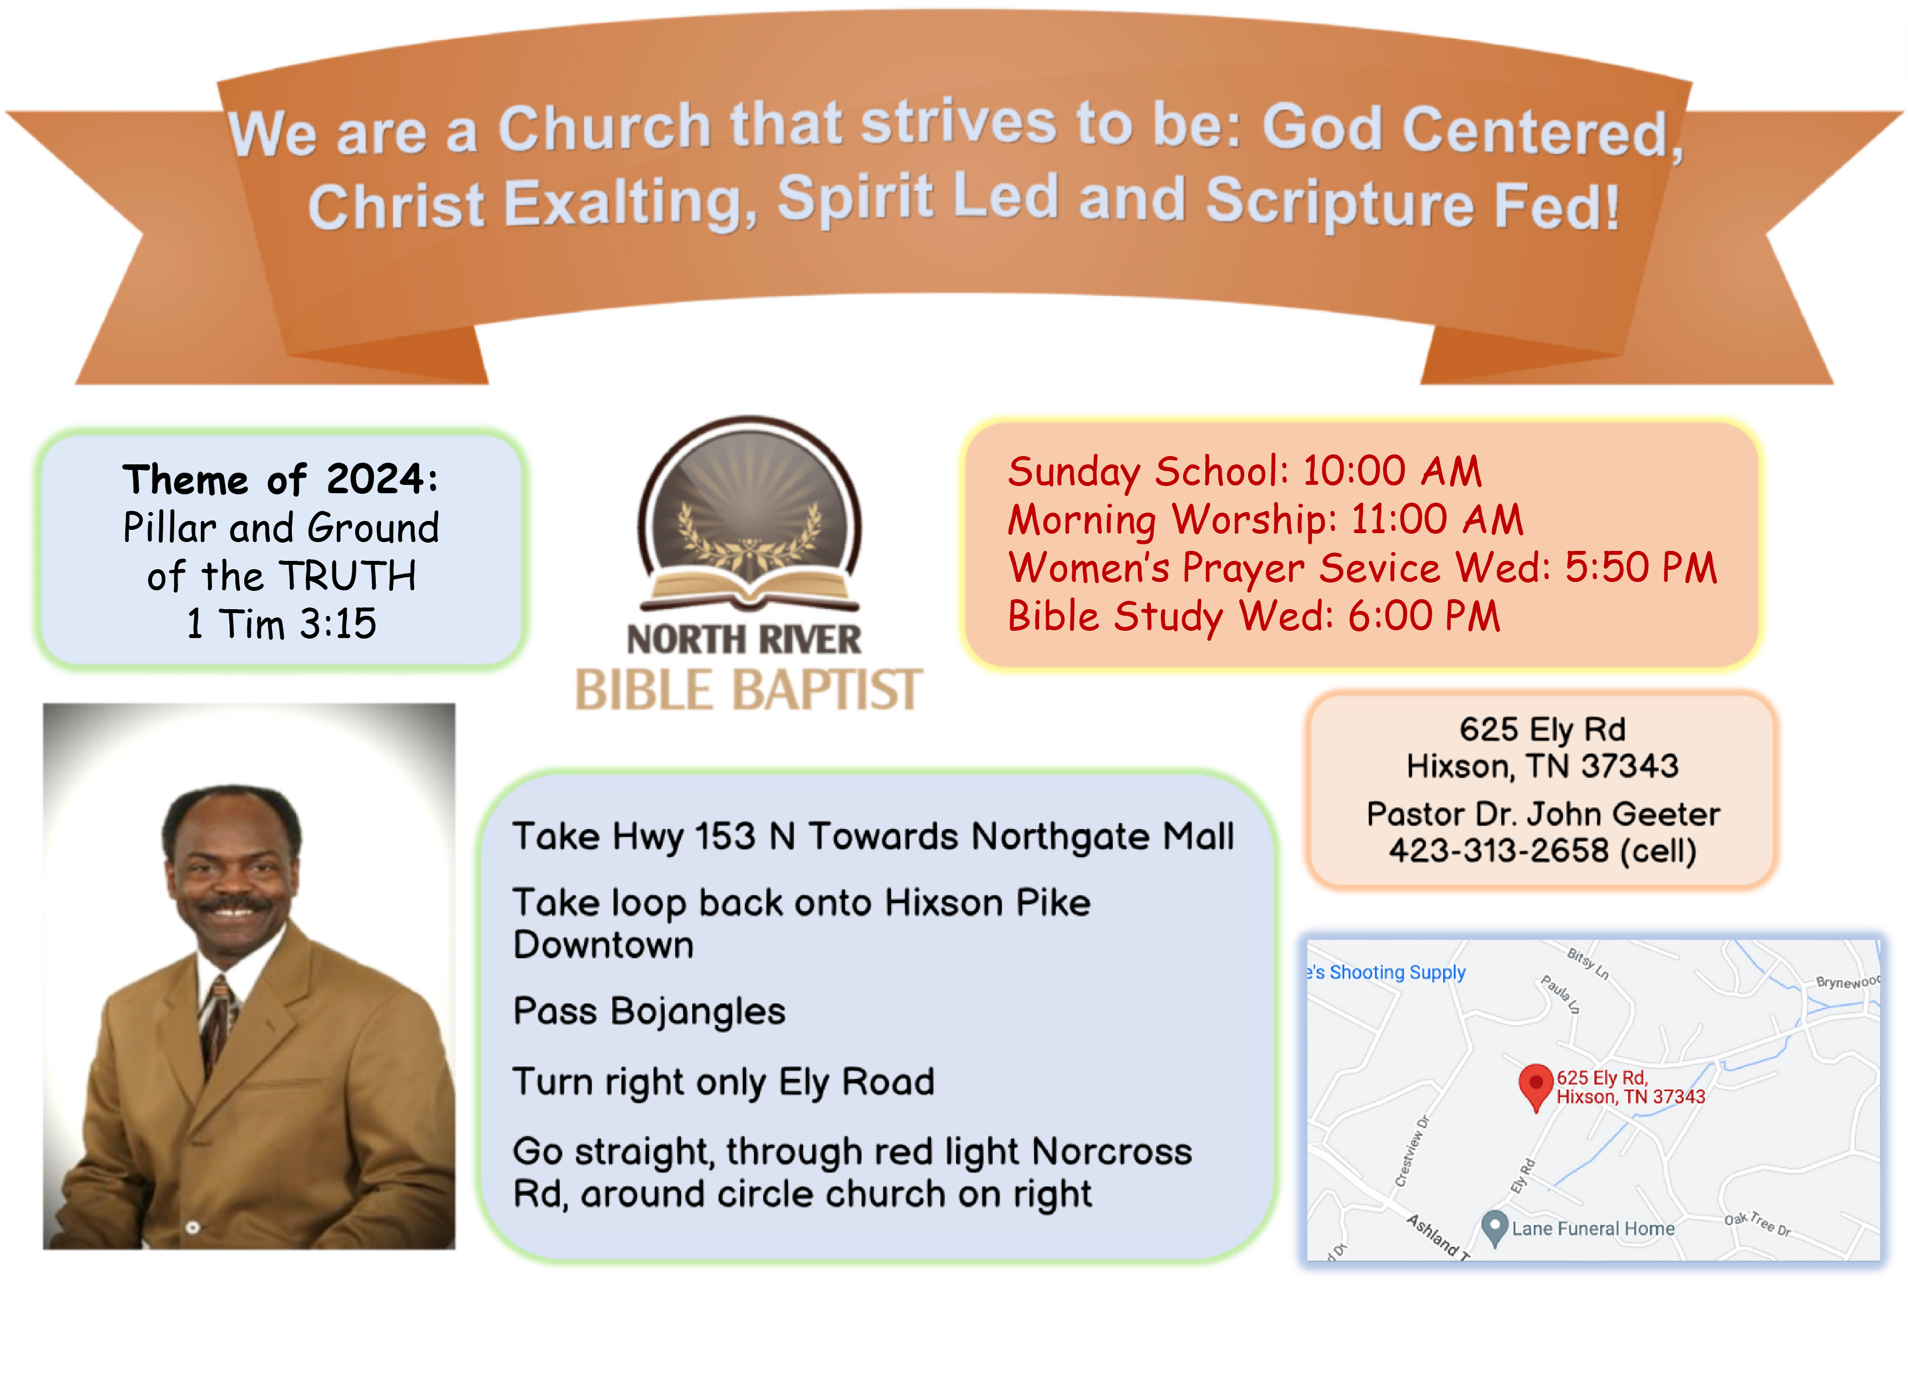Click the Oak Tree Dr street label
coord(1758,1224)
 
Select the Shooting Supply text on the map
coord(1396,973)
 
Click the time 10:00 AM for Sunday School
coord(1392,471)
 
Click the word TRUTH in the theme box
coord(347,577)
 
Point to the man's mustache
coord(233,905)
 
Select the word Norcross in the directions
coord(1111,1152)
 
